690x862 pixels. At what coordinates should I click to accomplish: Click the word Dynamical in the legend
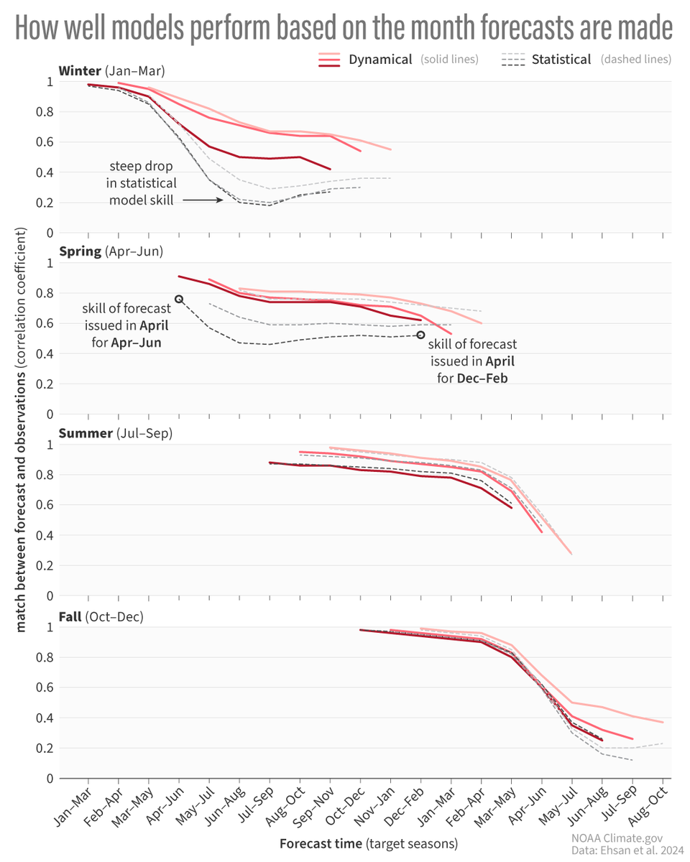point(380,60)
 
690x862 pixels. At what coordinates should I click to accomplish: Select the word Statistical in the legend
point(561,60)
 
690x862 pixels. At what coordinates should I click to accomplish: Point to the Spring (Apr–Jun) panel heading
point(111,251)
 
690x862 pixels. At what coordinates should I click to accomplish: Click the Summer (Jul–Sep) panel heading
point(115,433)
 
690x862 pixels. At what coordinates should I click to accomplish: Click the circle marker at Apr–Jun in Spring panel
point(179,299)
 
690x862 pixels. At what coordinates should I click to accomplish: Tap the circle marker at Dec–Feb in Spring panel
point(421,335)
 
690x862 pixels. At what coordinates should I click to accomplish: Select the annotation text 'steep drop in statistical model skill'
point(141,183)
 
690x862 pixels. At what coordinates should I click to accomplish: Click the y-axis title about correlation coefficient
point(21,431)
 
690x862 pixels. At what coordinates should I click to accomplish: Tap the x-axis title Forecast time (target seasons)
point(368,843)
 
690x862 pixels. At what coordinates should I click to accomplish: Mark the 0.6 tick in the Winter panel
point(47,142)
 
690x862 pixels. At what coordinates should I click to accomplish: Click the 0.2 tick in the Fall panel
point(47,748)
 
